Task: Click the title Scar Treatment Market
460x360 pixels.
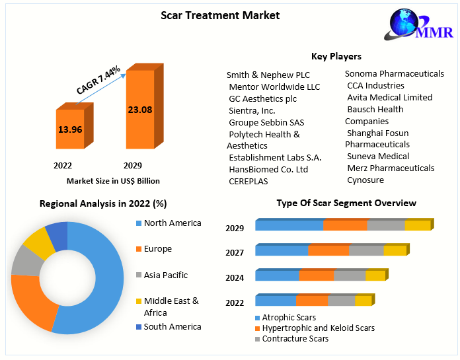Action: point(220,15)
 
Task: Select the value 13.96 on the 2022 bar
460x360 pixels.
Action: point(70,129)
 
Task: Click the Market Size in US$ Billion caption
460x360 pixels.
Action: point(113,180)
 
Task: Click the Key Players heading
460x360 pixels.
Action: point(336,56)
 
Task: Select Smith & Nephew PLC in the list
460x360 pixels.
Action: point(268,75)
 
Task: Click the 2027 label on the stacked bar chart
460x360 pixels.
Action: point(235,252)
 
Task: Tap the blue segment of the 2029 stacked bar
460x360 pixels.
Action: point(289,226)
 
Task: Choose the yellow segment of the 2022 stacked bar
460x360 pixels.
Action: point(363,301)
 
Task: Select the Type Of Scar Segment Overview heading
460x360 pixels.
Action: point(346,203)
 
